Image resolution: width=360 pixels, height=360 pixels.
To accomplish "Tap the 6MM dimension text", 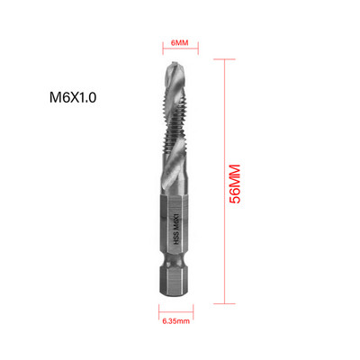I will click(180, 40).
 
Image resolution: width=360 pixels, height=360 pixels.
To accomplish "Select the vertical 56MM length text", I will click(236, 184).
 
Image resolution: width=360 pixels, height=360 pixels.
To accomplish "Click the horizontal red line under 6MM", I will click(180, 53).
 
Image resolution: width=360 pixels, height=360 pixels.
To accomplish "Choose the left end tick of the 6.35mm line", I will click(162, 310).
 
